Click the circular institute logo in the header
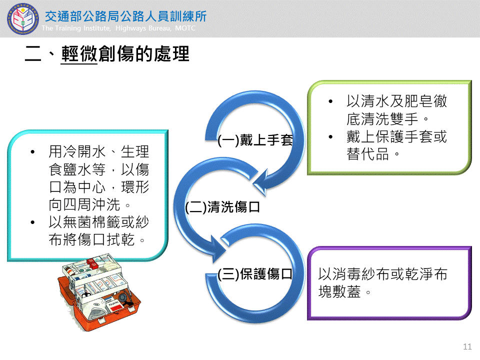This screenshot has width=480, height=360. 23,19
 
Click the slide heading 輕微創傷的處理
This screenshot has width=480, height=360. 125,54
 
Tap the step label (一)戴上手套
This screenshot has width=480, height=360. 255,140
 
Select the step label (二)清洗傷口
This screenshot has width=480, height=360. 222,207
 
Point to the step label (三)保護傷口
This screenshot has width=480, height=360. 255,273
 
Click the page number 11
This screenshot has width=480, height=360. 467,346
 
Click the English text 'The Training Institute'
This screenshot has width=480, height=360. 76,28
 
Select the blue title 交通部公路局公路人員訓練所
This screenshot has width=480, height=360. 126,16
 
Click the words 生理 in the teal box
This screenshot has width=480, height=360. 135,151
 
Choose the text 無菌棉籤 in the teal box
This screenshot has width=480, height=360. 92,222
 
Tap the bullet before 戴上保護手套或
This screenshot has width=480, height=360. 330,137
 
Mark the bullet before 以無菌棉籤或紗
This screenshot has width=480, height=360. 32,222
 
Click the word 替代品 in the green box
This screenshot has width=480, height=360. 367,154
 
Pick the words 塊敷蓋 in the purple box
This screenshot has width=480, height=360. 339,291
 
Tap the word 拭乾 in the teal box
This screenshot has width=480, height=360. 120,239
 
